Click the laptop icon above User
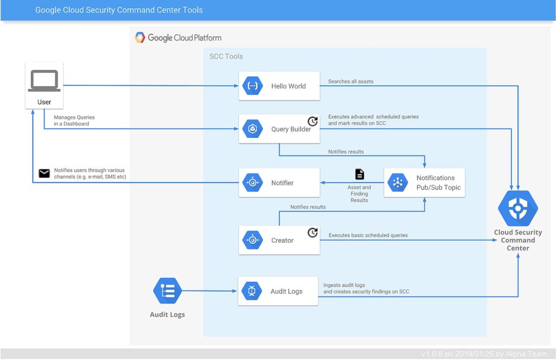[x=45, y=80]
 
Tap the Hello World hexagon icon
[x=252, y=86]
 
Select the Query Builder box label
[x=291, y=129]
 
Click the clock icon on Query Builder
[x=312, y=121]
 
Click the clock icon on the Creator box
[x=312, y=233]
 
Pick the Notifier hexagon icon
[x=252, y=182]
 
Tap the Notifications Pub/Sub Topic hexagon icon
[x=398, y=182]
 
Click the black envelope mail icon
[x=45, y=173]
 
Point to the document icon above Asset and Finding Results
[x=359, y=174]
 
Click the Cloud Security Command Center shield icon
[x=517, y=208]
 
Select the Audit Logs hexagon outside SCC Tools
[x=167, y=291]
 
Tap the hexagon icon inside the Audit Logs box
[x=252, y=291]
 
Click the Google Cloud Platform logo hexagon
[x=140, y=37]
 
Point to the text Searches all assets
[x=351, y=81]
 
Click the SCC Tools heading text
[x=226, y=56]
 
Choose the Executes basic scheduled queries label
[x=368, y=235]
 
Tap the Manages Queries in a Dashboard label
[x=74, y=121]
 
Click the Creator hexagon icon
[x=252, y=240]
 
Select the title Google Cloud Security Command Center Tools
[x=119, y=10]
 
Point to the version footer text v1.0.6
[x=485, y=353]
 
